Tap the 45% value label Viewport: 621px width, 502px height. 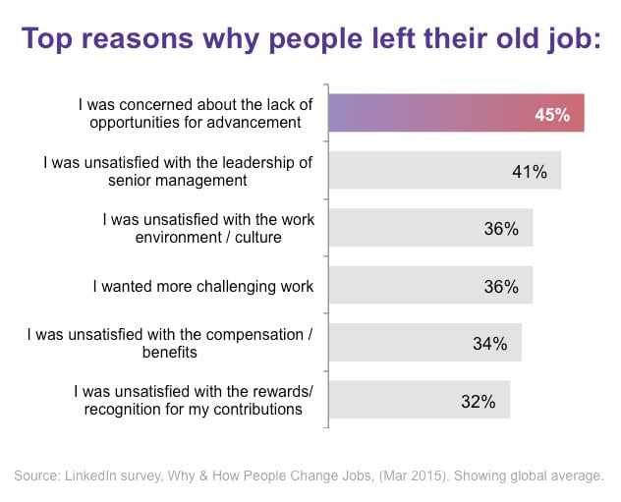click(x=552, y=114)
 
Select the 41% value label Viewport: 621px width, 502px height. click(x=529, y=171)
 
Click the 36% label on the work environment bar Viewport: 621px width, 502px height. click(x=501, y=228)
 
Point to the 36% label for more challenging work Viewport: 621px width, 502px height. click(x=501, y=286)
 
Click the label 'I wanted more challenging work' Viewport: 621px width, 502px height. click(x=203, y=286)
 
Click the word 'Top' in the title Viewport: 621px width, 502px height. click(x=51, y=41)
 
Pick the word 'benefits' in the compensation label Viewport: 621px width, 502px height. click(x=162, y=352)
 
